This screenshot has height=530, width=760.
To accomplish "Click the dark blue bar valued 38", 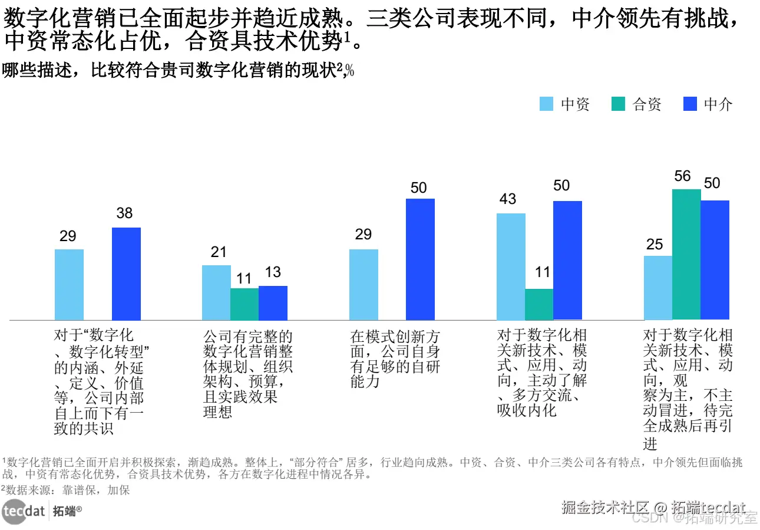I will (126, 274).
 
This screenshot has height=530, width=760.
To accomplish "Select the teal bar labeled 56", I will (686, 255).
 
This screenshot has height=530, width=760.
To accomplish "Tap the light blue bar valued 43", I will (511, 266).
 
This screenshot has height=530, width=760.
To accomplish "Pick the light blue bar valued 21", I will (216, 292).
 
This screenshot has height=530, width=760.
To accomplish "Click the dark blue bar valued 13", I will (273, 303).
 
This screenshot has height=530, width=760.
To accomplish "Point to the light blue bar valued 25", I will (657, 288).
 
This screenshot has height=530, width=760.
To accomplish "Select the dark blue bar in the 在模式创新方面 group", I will (420, 259).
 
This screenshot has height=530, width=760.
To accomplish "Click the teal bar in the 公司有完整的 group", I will (244, 304).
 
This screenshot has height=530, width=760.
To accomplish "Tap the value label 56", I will (683, 176).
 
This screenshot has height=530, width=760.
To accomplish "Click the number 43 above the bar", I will (508, 200).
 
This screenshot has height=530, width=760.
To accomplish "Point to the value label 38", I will (124, 213).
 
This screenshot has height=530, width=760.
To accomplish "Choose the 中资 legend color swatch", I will (547, 104).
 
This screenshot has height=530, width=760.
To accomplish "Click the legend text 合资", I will (647, 104).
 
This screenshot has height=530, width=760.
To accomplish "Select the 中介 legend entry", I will (707, 104).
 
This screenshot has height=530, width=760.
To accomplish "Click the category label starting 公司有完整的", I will (247, 374).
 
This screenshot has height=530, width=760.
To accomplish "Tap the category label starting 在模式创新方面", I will (395, 359).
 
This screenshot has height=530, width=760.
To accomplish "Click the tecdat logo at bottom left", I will (24, 511).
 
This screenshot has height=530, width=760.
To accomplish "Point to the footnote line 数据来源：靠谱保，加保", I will (66, 490).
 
